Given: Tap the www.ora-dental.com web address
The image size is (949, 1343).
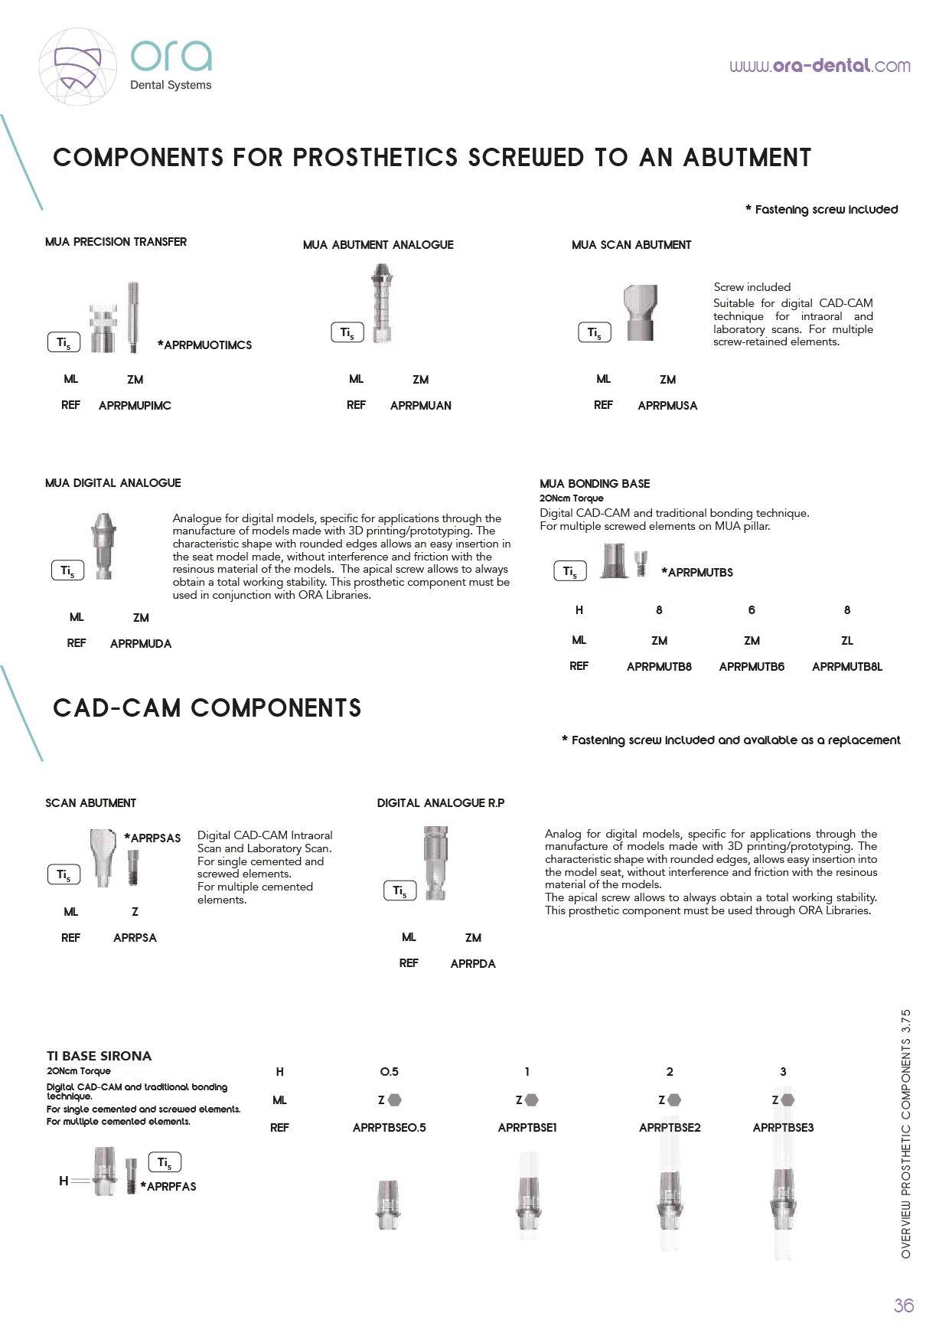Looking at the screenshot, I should pos(820,66).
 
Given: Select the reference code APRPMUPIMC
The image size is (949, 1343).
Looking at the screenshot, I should pos(135,406).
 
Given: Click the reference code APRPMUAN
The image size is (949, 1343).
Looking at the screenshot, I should pos(420,406).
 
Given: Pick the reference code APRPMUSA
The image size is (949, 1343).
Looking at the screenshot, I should pos(667,406).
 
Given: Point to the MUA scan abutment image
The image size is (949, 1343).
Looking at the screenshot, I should pos(640,312).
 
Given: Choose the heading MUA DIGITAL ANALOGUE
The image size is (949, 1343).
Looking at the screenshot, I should pos(113,483).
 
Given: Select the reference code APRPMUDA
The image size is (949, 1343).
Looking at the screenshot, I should pos(141,644).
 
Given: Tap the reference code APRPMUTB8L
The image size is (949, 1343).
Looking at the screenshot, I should pos(846,667).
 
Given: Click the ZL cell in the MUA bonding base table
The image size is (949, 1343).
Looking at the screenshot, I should pos(846,641).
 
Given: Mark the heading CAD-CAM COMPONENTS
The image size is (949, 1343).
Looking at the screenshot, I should pos(207,708).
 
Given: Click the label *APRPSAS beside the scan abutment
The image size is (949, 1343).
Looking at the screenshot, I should pos(153,838).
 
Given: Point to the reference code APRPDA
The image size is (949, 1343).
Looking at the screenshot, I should pos(473,964).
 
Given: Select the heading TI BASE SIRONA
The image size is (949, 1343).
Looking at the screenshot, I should pos(99,1056).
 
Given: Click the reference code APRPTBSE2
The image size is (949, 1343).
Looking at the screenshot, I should pos(670,1128).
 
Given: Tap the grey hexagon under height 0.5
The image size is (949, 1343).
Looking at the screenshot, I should pos(395,1100).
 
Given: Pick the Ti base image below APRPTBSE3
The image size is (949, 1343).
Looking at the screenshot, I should pos(783,1202).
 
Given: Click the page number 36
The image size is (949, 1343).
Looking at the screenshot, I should pos(904,1305).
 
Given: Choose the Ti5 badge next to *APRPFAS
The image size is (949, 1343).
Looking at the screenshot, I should pos(165,1163).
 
